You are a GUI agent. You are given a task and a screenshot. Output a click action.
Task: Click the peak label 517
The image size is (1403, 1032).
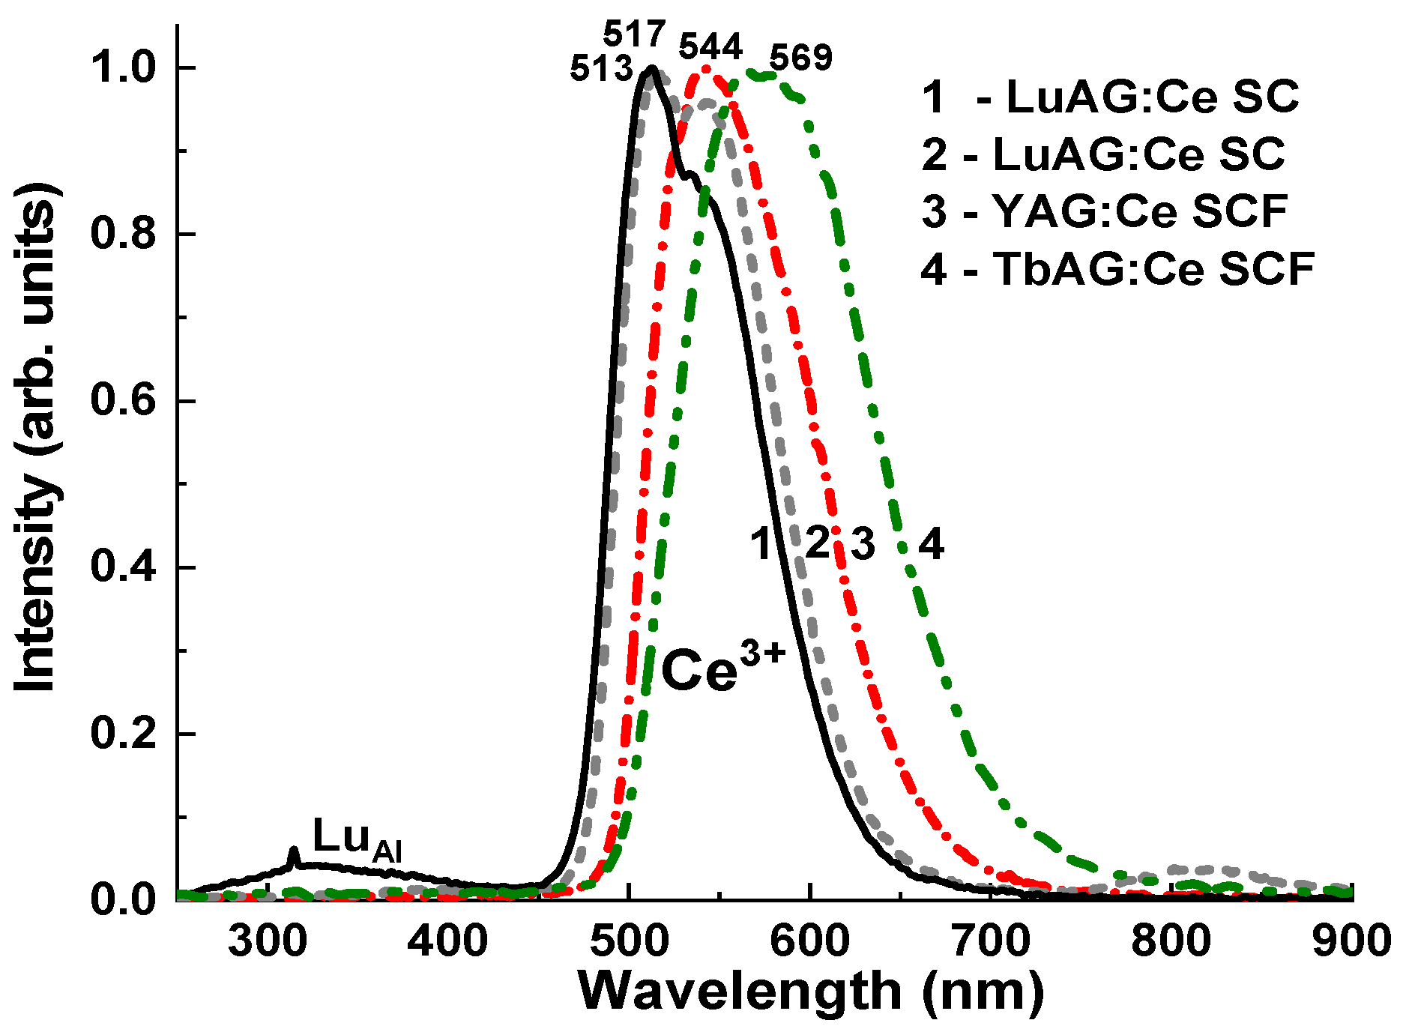(635, 34)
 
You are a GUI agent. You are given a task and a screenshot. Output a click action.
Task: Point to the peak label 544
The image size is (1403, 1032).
(710, 47)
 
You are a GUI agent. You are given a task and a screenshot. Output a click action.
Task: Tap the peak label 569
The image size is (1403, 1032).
(801, 58)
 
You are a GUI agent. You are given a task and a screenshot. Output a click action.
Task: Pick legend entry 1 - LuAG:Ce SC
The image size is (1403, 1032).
(1110, 97)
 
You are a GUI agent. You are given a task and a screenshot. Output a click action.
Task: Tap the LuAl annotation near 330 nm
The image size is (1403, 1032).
(357, 839)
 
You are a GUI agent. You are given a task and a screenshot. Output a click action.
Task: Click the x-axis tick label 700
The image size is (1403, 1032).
(990, 941)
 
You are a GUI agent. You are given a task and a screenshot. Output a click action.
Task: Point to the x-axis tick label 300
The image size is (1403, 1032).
(268, 941)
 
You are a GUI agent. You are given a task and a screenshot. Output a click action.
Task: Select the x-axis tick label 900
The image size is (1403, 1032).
(1351, 941)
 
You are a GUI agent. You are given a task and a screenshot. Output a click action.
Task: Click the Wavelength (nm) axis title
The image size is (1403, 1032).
(811, 992)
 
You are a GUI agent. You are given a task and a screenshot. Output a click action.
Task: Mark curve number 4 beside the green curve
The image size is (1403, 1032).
(931, 544)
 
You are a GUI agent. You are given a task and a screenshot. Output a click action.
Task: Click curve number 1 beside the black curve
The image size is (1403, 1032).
(762, 544)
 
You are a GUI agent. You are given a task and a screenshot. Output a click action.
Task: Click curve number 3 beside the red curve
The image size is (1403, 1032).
(863, 544)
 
